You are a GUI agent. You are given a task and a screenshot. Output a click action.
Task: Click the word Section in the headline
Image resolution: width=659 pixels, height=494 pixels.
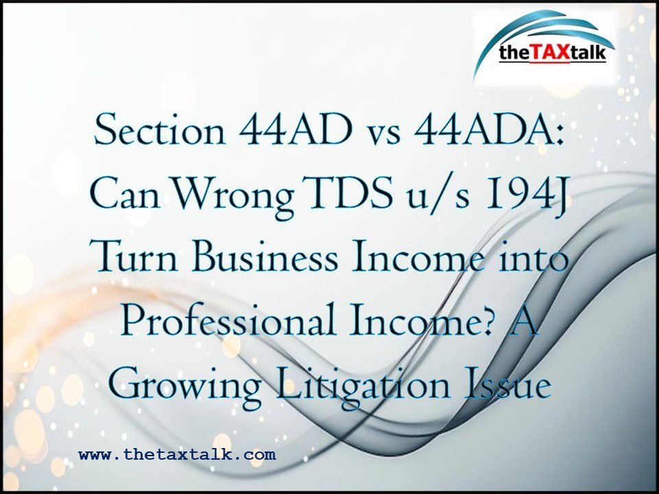coord(160,131)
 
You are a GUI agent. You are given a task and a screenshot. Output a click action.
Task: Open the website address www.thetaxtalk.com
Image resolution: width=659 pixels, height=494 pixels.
coord(177,454)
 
